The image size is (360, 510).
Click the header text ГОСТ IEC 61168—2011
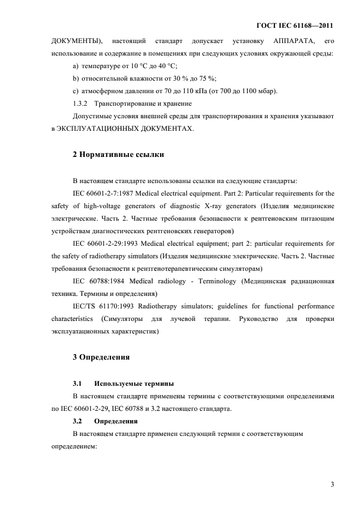tap(294, 26)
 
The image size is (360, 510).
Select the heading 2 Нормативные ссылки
tap(118, 155)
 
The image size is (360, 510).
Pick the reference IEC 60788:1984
tap(97, 281)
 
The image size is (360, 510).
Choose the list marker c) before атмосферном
tap(76, 91)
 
